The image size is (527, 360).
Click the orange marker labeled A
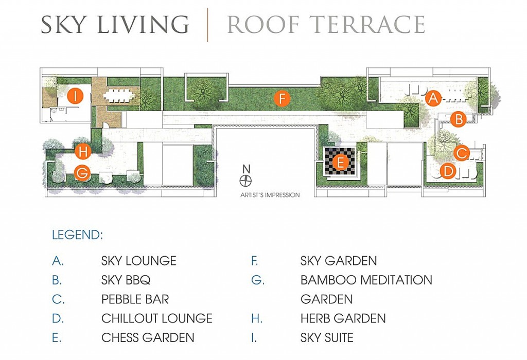pos(433,98)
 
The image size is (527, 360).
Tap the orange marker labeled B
pos(459,119)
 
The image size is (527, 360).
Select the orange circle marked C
pos(462,153)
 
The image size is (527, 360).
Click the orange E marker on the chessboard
pos(340,163)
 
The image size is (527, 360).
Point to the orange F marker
pos(282,99)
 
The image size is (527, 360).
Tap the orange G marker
pos(82,173)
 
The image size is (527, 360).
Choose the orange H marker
pos(83,152)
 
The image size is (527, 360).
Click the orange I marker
pos(75,95)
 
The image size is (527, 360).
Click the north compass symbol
pos(245,181)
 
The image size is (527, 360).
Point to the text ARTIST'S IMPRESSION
pos(270,195)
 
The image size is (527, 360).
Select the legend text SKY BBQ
pos(126,280)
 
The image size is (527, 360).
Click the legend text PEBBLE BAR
pos(135,299)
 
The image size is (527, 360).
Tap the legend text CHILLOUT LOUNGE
pos(157,318)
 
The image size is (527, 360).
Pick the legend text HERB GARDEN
pos(343,318)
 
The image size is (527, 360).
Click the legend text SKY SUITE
pos(327,337)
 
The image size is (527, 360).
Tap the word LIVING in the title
pos(144,24)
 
